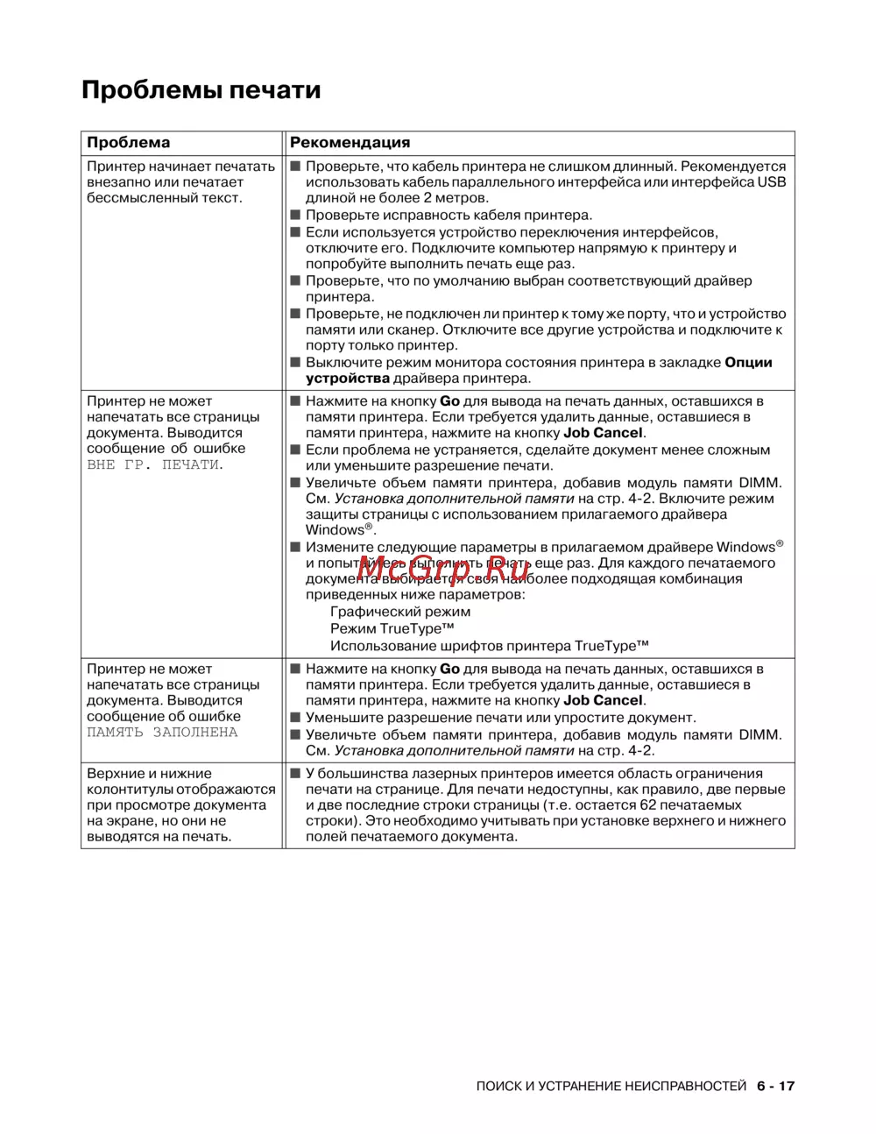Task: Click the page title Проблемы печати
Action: tap(201, 90)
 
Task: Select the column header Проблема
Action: tap(128, 143)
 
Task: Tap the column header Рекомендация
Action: tap(350, 143)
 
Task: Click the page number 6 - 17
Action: tap(775, 1086)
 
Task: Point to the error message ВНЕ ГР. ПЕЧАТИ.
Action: tap(155, 464)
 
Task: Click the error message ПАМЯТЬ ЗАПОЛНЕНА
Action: tap(162, 732)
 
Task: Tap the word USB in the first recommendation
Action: tap(771, 182)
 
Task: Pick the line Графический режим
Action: tap(400, 612)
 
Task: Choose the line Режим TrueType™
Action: tap(392, 628)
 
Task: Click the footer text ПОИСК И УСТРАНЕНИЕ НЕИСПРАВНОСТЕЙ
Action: tap(611, 1086)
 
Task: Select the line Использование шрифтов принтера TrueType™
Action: tap(490, 646)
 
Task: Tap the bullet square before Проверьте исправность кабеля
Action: tap(295, 216)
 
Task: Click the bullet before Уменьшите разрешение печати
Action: tap(295, 718)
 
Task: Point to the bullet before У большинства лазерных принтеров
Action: tap(295, 774)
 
